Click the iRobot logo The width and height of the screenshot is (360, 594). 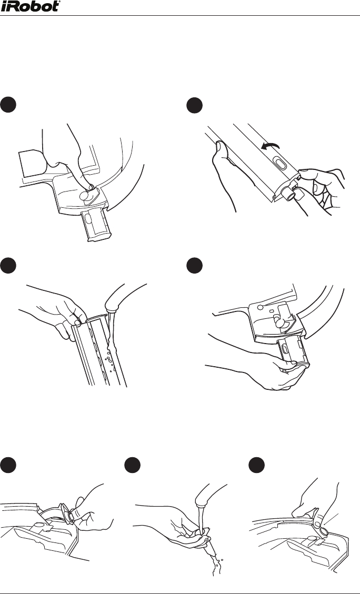(x=31, y=6)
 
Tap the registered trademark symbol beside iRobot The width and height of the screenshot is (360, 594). (x=59, y=2)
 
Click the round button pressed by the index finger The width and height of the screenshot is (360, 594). (x=85, y=196)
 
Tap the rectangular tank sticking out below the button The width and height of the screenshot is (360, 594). (x=97, y=226)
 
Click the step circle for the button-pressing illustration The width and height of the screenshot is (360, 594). (x=8, y=105)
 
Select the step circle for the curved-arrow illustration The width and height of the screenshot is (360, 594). (x=195, y=105)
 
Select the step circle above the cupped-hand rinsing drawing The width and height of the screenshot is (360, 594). (x=132, y=466)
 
